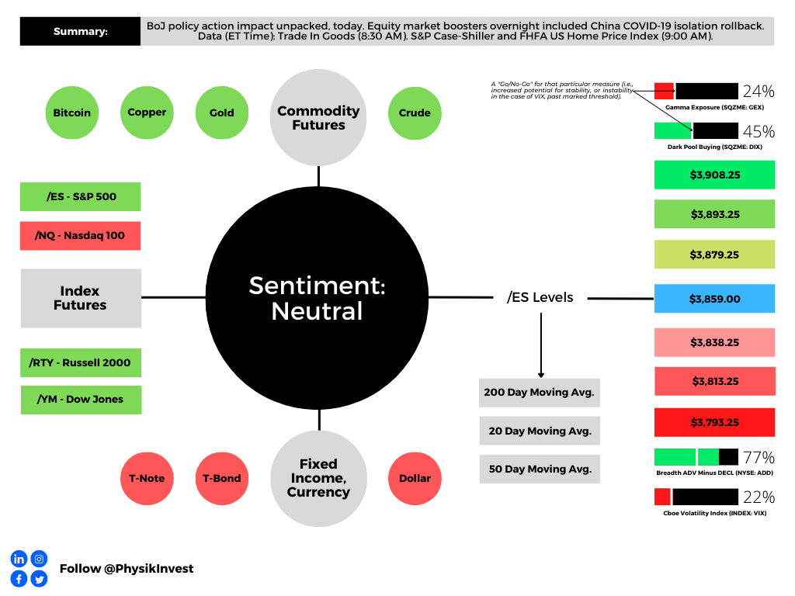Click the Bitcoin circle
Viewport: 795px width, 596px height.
(72, 113)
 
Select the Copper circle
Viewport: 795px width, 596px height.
(147, 113)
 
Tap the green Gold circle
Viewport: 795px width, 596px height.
(222, 113)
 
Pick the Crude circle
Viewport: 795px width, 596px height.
(415, 113)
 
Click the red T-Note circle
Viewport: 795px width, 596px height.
(147, 478)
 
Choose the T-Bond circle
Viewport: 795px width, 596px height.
(222, 478)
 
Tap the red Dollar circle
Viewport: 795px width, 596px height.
(415, 478)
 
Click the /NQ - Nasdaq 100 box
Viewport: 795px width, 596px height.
(80, 236)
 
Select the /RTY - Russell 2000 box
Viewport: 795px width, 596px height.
(81, 363)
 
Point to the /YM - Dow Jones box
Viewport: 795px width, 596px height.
(81, 400)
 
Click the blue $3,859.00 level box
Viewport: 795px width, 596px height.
(715, 299)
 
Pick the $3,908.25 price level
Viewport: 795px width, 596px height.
(715, 175)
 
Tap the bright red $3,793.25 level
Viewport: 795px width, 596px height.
(715, 422)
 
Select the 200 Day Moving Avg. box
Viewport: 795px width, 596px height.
(540, 393)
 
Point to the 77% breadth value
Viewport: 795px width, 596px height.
(759, 458)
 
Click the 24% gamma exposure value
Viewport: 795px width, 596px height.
(759, 92)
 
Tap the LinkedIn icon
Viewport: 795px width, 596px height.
(19, 559)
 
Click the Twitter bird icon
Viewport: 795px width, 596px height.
(39, 579)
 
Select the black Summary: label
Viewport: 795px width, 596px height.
(80, 31)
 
